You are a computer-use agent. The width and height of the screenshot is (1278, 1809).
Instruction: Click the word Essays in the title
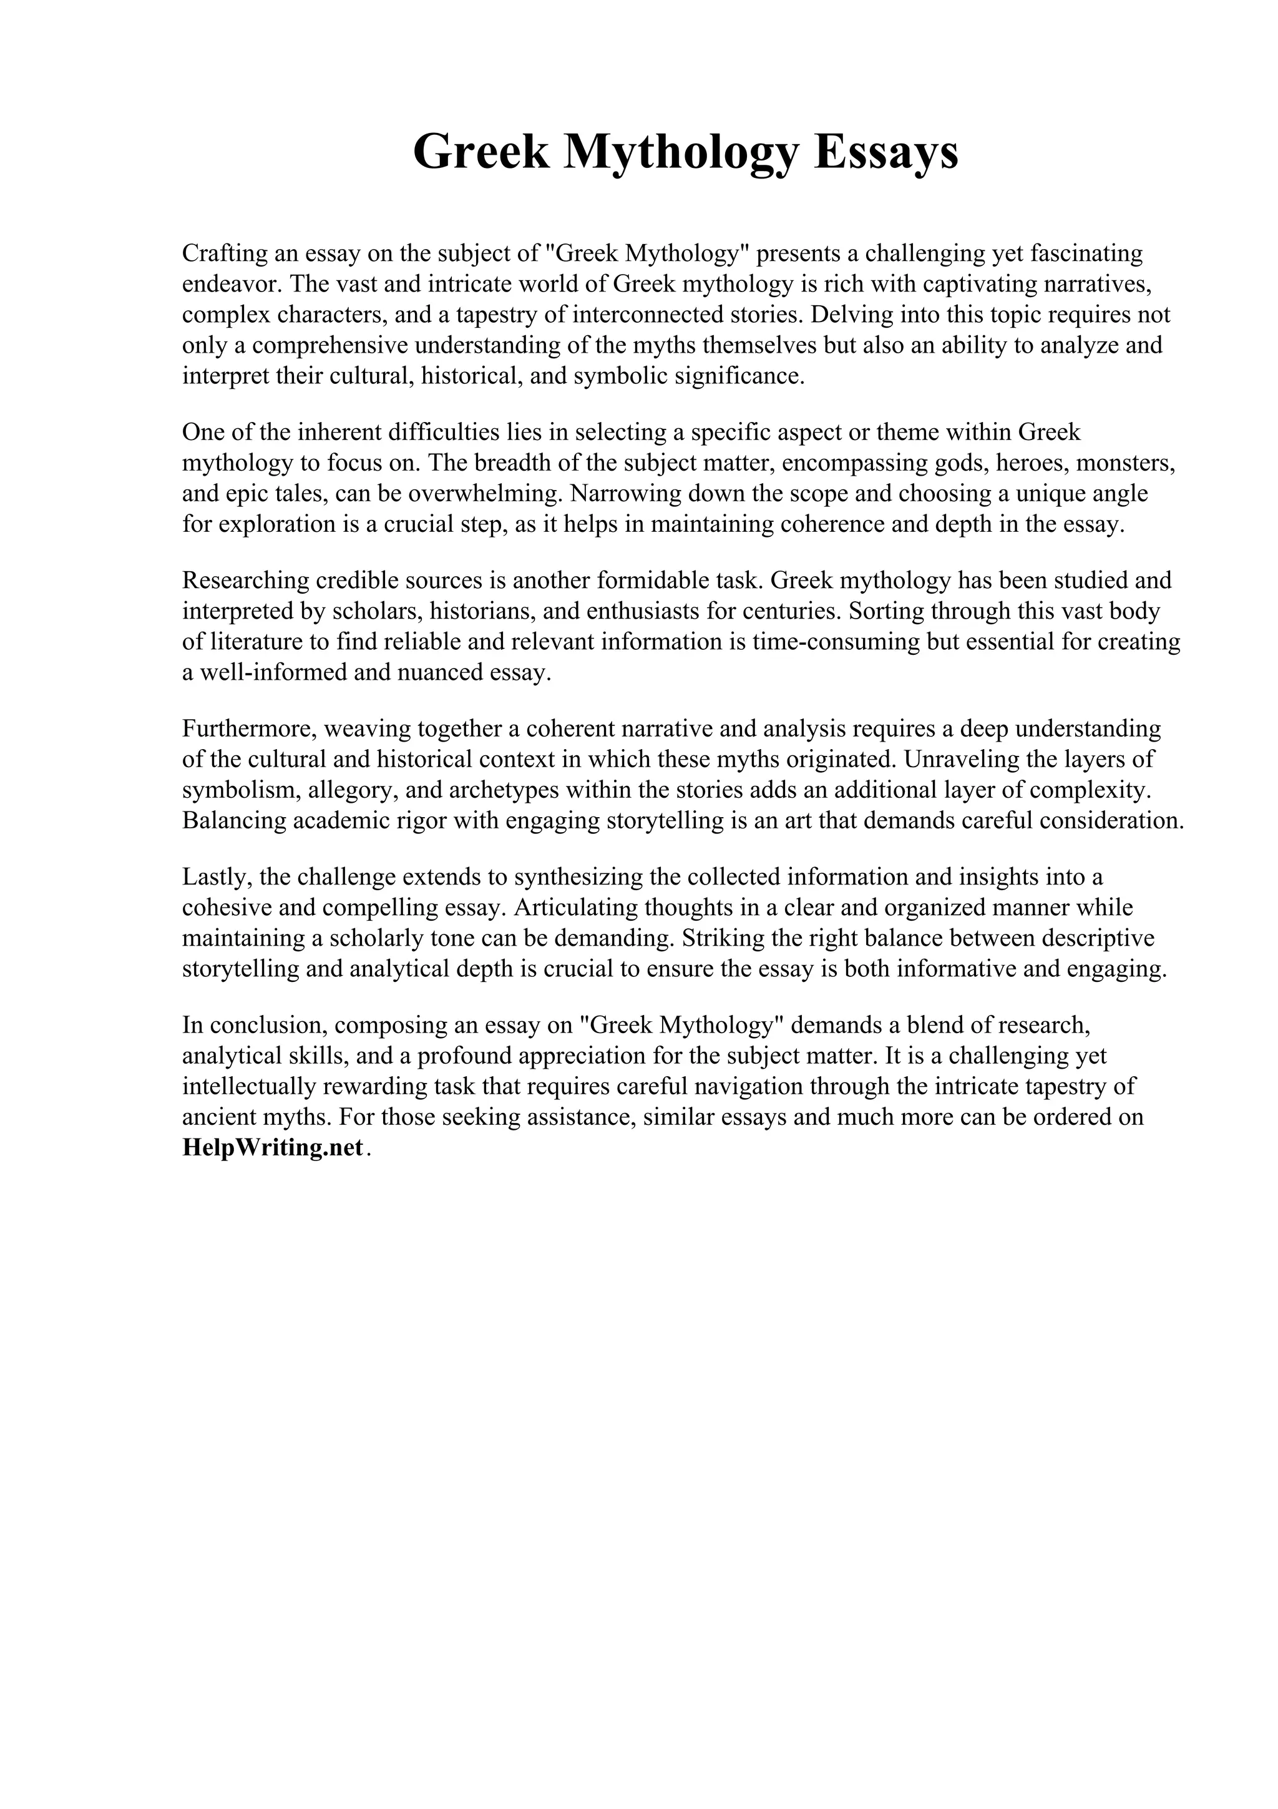886,152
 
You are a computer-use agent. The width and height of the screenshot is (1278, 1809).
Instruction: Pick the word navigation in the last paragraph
770,1087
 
